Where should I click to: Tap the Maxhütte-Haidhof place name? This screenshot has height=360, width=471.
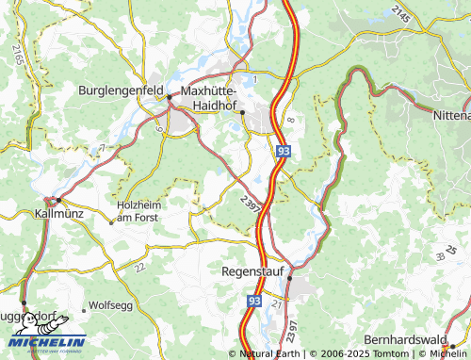coord(219,98)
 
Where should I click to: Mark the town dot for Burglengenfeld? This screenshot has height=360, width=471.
coord(170,96)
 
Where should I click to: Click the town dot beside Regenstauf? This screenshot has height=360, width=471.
coord(290,278)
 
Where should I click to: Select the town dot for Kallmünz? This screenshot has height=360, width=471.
coord(57,200)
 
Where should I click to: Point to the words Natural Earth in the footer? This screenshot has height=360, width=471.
coord(270,353)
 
